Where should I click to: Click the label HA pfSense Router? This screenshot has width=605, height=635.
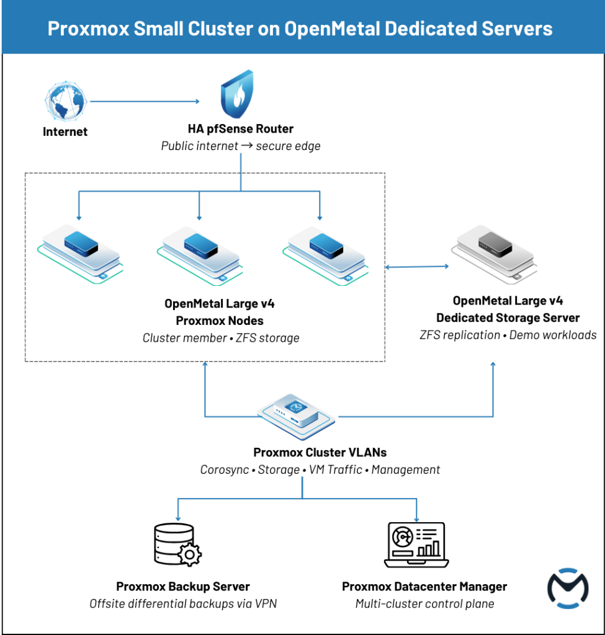(240, 130)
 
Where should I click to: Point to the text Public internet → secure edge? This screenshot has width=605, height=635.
(240, 146)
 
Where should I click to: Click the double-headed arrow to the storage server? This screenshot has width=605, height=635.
(417, 267)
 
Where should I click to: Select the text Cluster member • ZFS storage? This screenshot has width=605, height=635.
(221, 338)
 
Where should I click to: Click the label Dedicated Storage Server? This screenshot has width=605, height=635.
(508, 318)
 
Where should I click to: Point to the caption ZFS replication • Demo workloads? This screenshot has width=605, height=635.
(508, 335)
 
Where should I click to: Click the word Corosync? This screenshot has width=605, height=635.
(224, 469)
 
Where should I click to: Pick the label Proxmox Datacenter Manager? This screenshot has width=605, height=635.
(424, 587)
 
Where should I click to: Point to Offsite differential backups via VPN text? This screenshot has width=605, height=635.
(182, 603)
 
